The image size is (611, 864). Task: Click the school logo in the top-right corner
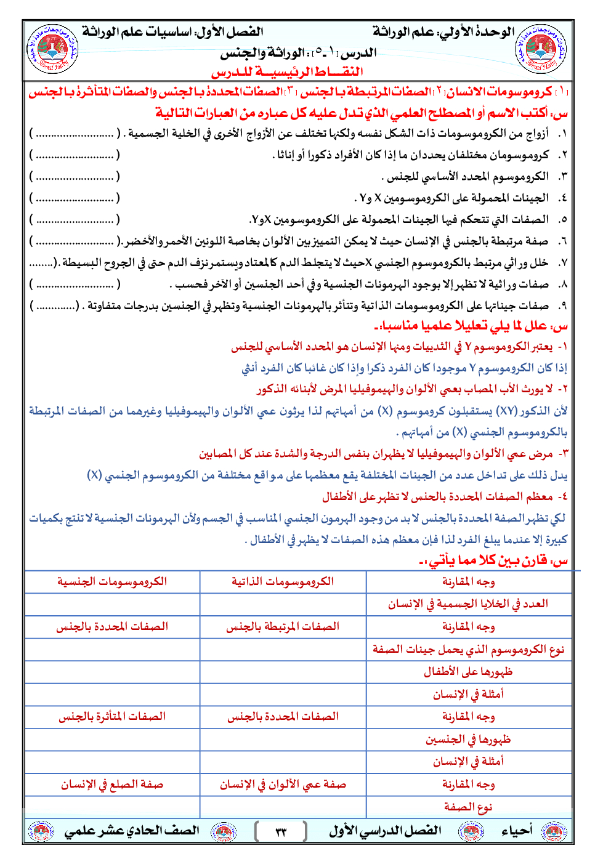[x=540, y=49]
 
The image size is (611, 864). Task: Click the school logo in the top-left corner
[x=52, y=49]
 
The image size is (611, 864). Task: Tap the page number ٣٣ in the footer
[x=281, y=831]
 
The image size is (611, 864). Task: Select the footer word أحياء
[x=517, y=831]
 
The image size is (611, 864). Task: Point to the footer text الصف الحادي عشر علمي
[x=132, y=831]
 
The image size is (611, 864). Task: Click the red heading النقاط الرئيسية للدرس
[x=287, y=72]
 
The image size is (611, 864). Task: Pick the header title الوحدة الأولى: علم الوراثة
[x=443, y=32]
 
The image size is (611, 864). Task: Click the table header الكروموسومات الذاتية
[x=283, y=581]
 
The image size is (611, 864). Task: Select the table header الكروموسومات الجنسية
[x=112, y=581]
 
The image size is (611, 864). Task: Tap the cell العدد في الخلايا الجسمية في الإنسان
[x=468, y=604]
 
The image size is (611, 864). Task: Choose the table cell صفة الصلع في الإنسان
[x=112, y=784]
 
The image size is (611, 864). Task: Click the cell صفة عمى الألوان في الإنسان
[x=283, y=784]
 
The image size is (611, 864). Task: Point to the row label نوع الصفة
[x=468, y=807]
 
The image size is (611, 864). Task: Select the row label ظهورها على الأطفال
[x=468, y=671]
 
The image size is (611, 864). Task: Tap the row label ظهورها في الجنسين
[x=468, y=739]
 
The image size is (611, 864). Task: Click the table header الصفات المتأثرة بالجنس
[x=112, y=716]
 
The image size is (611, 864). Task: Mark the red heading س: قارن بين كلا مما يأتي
[x=493, y=560]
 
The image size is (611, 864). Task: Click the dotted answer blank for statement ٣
[x=75, y=177]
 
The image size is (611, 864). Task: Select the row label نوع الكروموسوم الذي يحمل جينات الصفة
[x=468, y=649]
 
